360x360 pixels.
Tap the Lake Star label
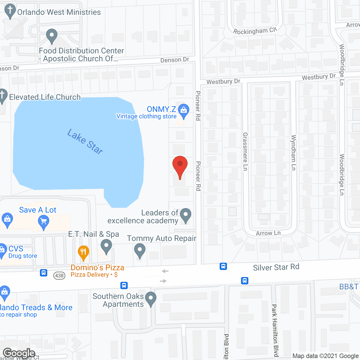point(85,141)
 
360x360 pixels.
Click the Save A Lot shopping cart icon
point(43,222)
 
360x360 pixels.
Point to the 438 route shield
point(59,275)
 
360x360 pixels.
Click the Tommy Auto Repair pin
point(139,250)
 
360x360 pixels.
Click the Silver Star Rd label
point(276,267)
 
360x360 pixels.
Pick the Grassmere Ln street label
point(245,151)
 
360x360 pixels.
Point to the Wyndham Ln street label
point(293,152)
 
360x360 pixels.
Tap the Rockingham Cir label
point(255,31)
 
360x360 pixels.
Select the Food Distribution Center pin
point(52,36)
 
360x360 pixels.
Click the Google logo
point(19,353)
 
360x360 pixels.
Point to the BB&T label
point(349,287)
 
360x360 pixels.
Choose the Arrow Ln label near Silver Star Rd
point(268,233)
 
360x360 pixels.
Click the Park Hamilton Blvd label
point(275,330)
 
